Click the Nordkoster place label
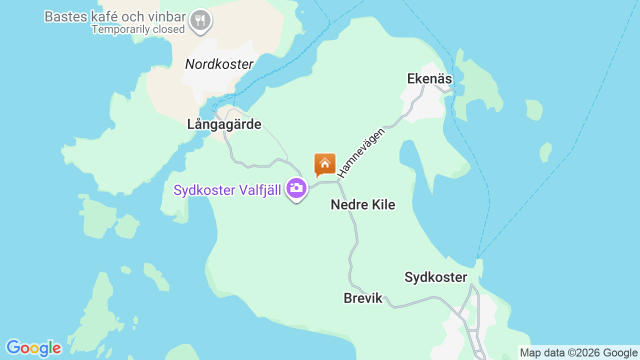point(219,64)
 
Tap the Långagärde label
point(224,124)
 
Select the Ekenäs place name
point(429,79)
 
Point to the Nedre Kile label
point(362,205)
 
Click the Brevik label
point(362,298)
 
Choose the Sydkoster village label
point(435,277)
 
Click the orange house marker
point(324,164)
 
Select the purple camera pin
point(296,189)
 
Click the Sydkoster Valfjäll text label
point(227,190)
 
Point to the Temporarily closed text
point(138,29)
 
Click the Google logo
point(33,348)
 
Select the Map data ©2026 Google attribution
point(578,353)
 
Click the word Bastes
point(62,16)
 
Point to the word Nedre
point(347,205)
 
